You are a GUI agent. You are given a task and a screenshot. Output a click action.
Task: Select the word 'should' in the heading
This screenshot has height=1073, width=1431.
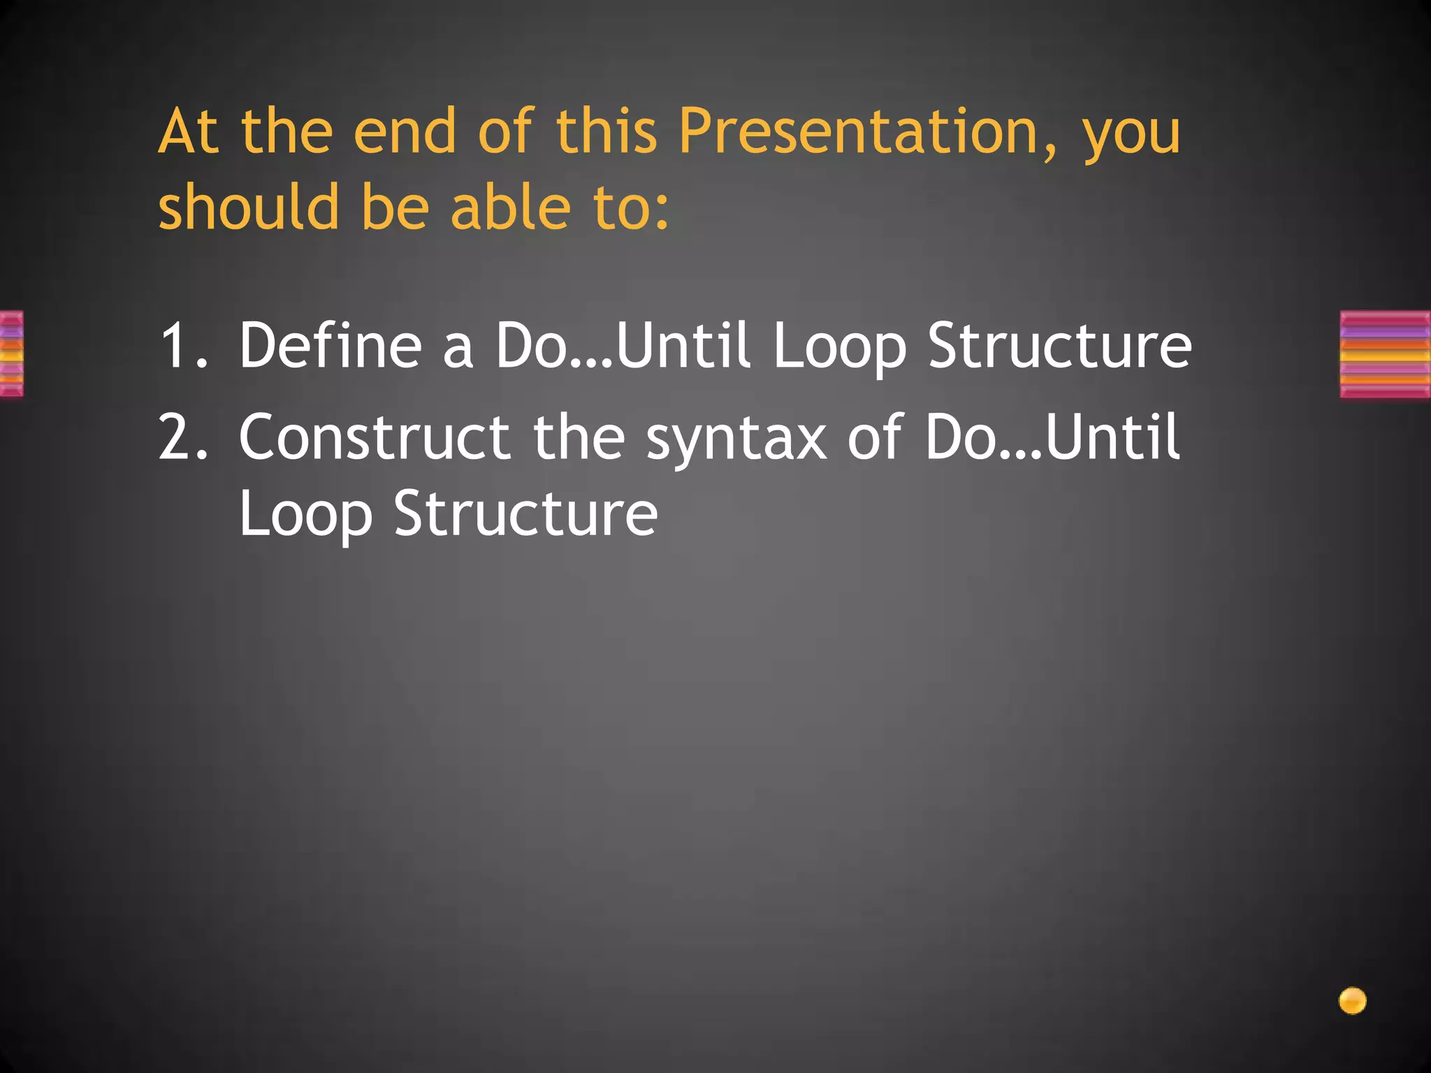[x=248, y=207]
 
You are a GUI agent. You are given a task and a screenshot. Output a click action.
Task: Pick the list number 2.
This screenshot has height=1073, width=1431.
[x=183, y=437]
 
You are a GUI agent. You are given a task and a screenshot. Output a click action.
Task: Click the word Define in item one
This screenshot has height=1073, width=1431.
[x=330, y=345]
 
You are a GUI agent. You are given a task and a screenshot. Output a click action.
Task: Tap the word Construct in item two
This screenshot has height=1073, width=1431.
[x=374, y=437]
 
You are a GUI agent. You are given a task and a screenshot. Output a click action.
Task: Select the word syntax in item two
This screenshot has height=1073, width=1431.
[x=736, y=440]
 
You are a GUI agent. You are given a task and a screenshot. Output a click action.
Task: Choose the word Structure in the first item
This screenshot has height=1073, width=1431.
[x=1059, y=345]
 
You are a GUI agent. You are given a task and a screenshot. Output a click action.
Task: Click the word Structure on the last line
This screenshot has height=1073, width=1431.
[x=525, y=513]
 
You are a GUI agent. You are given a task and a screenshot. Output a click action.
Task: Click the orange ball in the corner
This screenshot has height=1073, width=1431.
[x=1352, y=1000]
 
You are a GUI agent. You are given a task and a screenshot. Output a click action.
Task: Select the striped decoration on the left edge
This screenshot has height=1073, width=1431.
[x=11, y=354]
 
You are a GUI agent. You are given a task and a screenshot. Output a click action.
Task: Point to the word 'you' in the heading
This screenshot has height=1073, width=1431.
[x=1131, y=136]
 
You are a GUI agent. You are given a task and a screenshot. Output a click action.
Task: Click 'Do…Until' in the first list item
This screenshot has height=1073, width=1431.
[x=623, y=345]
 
